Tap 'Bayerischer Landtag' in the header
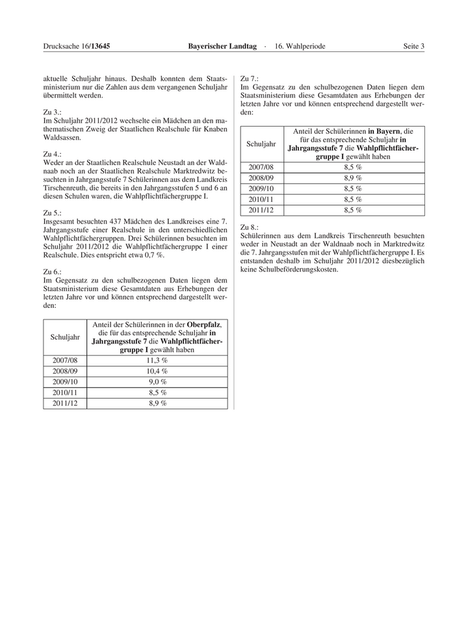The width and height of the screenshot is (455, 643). pos(220,46)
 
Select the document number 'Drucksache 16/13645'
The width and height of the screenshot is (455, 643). pos(77,46)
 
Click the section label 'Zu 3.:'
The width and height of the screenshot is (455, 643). pos(53,112)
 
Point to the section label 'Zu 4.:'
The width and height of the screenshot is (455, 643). pos(53,154)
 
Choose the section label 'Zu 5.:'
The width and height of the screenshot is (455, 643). pos(53,212)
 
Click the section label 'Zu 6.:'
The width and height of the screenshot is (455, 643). pos(53,271)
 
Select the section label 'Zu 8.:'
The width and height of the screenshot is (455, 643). pos(250,227)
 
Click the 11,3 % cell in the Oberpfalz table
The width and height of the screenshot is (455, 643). pos(157,360)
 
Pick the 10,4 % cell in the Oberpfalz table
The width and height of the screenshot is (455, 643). pos(157,371)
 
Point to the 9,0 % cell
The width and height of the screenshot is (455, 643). pos(157,382)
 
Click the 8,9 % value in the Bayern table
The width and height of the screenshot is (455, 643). pos(353,177)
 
